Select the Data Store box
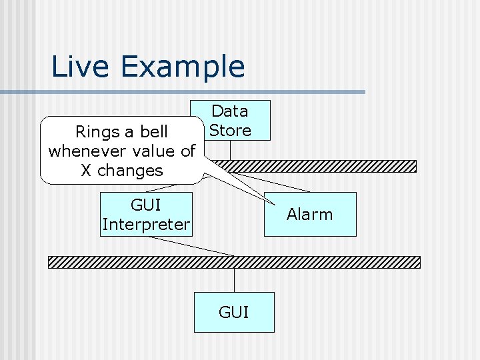coord(230,120)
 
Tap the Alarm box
coord(310,214)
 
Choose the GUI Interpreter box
coord(146,214)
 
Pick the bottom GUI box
coord(234,312)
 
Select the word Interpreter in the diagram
coord(146,225)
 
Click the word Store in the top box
coord(230,130)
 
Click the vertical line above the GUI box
coord(234,280)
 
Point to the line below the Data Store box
coord(230,150)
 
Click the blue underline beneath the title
coord(200,91)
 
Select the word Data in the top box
coord(230,111)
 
